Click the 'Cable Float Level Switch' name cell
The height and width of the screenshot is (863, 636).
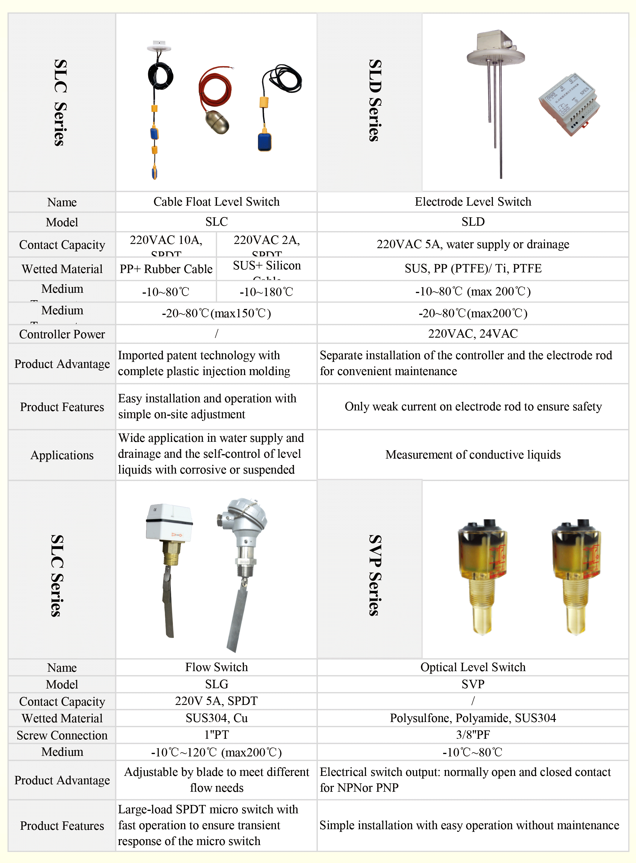pyautogui.click(x=216, y=201)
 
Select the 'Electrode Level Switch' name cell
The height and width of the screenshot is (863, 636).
pyautogui.click(x=473, y=201)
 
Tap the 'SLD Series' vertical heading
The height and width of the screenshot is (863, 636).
pyautogui.click(x=375, y=101)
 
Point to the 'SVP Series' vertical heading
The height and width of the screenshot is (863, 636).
pyautogui.click(x=375, y=575)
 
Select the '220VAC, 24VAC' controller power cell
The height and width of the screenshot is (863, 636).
pyautogui.click(x=473, y=333)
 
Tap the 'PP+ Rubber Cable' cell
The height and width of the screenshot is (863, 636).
pyautogui.click(x=166, y=269)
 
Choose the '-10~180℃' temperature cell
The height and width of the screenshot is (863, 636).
pyautogui.click(x=266, y=292)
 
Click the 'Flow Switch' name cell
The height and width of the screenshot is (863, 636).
pyautogui.click(x=216, y=667)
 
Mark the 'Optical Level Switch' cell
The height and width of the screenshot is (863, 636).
pyautogui.click(x=473, y=667)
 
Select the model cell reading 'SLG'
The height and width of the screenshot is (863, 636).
pyautogui.click(x=216, y=684)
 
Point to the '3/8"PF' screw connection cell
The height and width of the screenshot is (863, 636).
pyautogui.click(x=473, y=735)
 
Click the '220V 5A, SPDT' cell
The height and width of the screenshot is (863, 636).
pyautogui.click(x=216, y=701)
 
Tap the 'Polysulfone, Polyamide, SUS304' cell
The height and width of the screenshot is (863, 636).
pyautogui.click(x=473, y=718)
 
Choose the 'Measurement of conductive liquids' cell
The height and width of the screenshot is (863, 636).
pyautogui.click(x=473, y=454)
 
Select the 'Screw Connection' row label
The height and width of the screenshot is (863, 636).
pyautogui.click(x=62, y=735)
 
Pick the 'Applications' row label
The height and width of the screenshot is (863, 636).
pyautogui.click(x=62, y=455)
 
